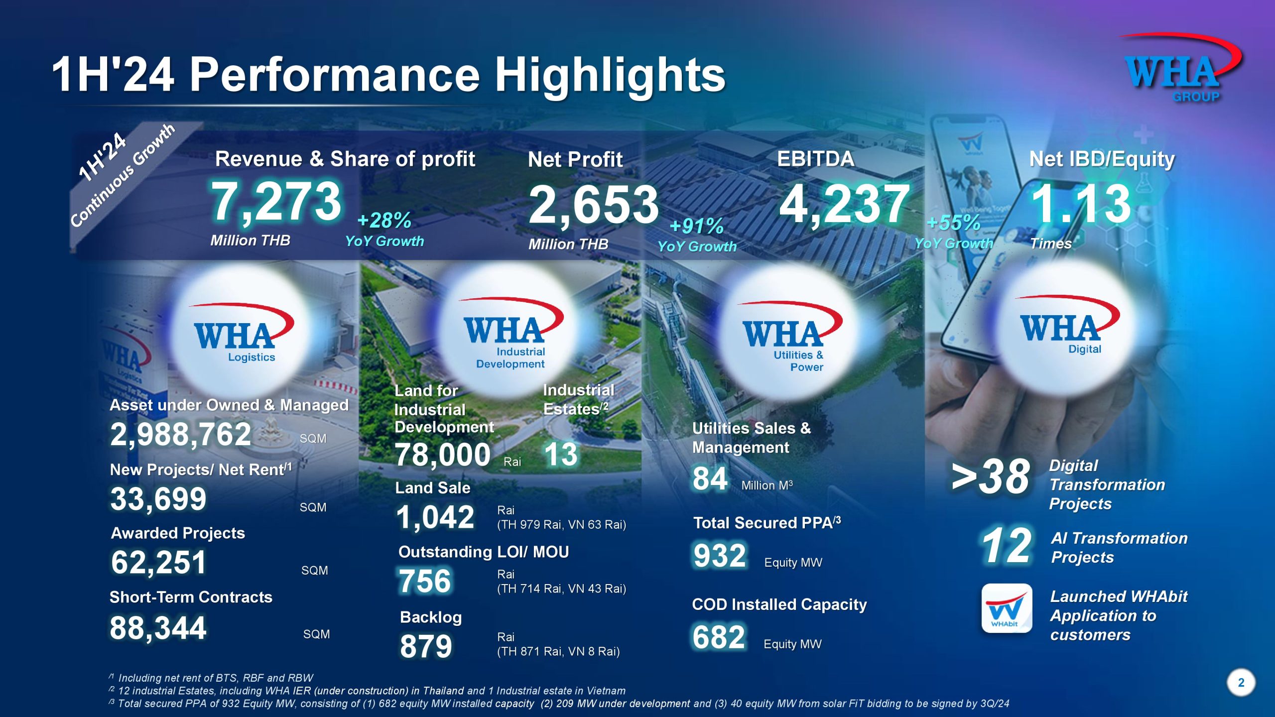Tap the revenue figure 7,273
[x=276, y=202]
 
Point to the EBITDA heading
[x=815, y=159]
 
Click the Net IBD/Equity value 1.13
[x=1081, y=204]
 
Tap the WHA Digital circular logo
[x=1066, y=329]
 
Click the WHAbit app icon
[x=1007, y=608]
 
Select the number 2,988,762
[x=180, y=434]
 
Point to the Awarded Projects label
[x=178, y=533]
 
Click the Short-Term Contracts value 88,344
[x=158, y=628]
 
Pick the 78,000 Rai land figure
[x=442, y=455]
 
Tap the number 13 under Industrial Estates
[x=561, y=455]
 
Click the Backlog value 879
[x=426, y=646]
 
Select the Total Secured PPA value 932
[x=720, y=556]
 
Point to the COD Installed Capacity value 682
[x=719, y=637]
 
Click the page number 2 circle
[x=1241, y=683]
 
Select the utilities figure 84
[x=710, y=478]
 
